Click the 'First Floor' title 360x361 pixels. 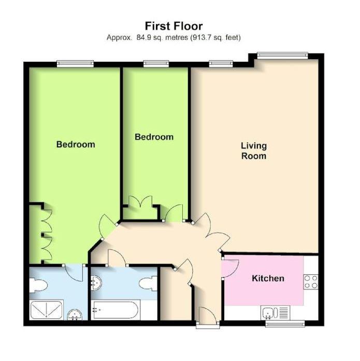[173, 25]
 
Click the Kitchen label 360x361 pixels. [268, 279]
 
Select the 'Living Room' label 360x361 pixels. [254, 150]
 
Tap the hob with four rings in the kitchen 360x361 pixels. [310, 282]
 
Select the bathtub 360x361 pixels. [114, 311]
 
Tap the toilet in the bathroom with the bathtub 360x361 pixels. [148, 284]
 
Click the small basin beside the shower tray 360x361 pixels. [75, 314]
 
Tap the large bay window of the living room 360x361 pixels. [283, 55]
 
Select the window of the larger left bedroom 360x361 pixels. [75, 63]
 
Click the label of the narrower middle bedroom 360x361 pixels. [154, 137]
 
